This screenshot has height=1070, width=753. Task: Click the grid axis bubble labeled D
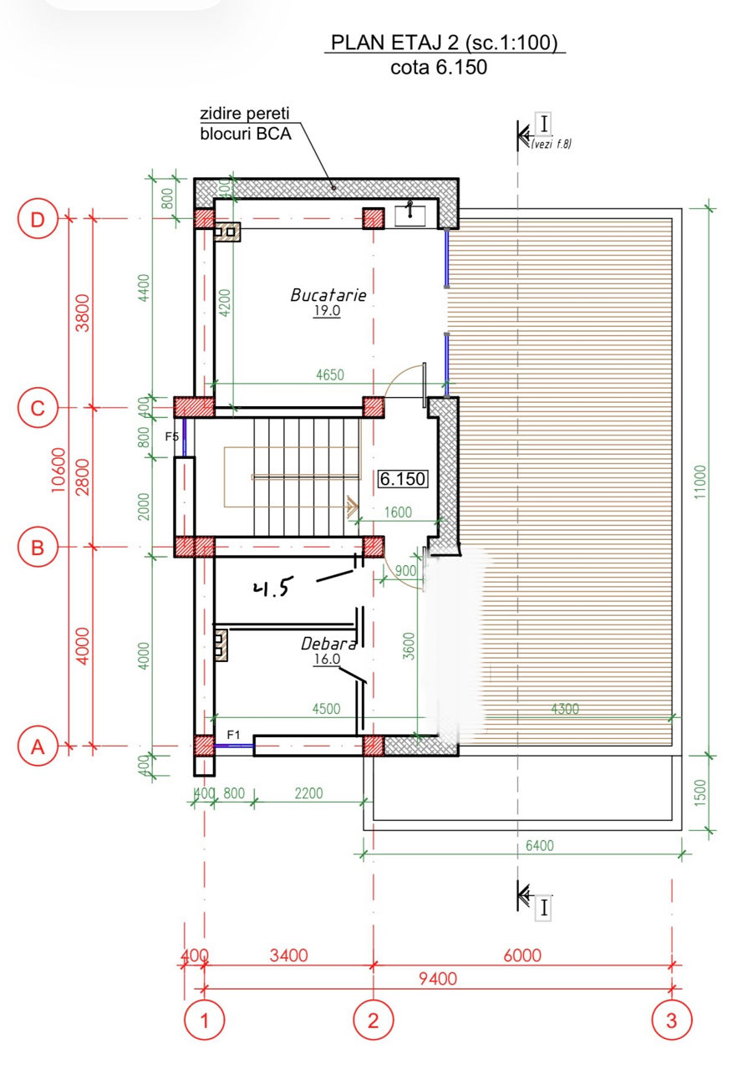click(x=38, y=220)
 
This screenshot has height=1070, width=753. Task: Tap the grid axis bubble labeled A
click(x=38, y=746)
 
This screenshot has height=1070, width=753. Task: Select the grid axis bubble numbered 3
click(x=671, y=1020)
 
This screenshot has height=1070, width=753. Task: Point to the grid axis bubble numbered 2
click(x=373, y=1020)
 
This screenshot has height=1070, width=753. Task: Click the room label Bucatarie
click(x=328, y=295)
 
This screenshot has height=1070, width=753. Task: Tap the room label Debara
click(x=328, y=644)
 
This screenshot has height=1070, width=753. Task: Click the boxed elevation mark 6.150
click(x=403, y=479)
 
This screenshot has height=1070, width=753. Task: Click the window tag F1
click(x=233, y=735)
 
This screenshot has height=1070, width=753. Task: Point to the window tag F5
click(x=172, y=436)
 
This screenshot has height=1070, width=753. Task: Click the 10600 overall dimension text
click(x=58, y=470)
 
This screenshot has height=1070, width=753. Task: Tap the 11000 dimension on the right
click(x=700, y=482)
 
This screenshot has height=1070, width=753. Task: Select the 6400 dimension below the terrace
click(x=540, y=846)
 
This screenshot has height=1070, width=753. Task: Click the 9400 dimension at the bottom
click(x=438, y=979)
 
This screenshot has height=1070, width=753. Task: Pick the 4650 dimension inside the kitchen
click(x=330, y=375)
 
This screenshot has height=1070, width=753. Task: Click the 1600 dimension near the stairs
click(x=398, y=512)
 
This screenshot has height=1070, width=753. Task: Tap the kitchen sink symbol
click(x=410, y=215)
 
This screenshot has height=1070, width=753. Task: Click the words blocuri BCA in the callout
click(x=246, y=134)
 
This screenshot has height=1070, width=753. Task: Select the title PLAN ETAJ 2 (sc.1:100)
click(x=444, y=43)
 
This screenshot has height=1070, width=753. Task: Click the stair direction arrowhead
click(x=353, y=507)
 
